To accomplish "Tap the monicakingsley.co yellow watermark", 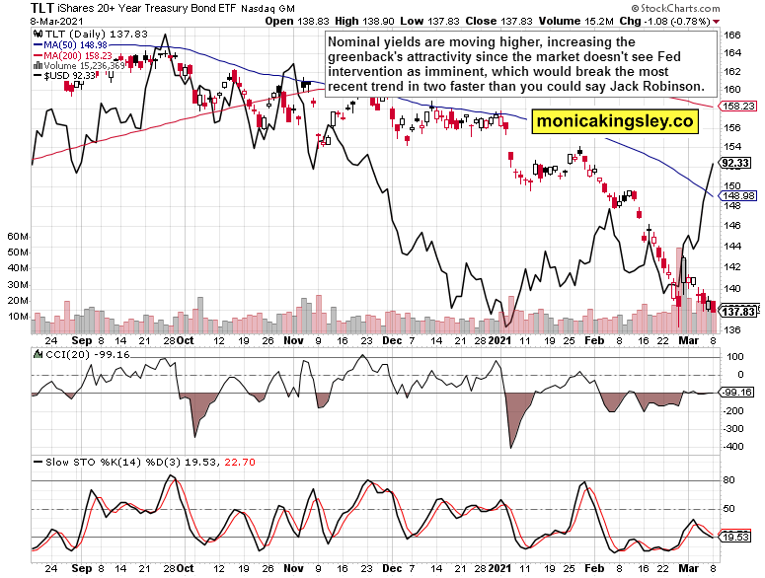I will coord(615,121).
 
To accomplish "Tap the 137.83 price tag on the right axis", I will coord(736,311).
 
